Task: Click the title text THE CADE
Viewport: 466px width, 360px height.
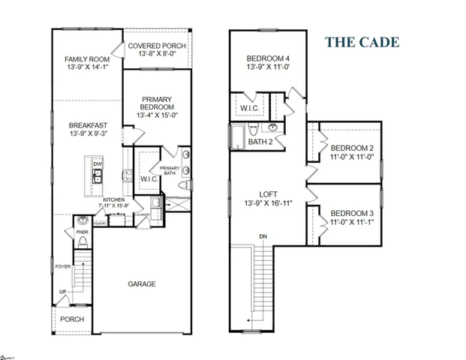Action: click(x=362, y=42)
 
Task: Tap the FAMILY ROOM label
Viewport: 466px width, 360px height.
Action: click(x=87, y=58)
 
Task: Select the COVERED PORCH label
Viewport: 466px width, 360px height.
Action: click(x=157, y=46)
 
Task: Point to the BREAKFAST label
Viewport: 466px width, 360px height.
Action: click(x=87, y=124)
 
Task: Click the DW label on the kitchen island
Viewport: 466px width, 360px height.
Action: click(x=98, y=163)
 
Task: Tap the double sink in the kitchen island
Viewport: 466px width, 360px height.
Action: click(x=98, y=177)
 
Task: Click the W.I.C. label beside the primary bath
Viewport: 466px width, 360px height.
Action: click(x=147, y=179)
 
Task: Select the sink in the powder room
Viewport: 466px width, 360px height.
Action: click(x=82, y=220)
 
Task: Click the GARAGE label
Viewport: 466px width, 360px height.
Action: click(x=141, y=283)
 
